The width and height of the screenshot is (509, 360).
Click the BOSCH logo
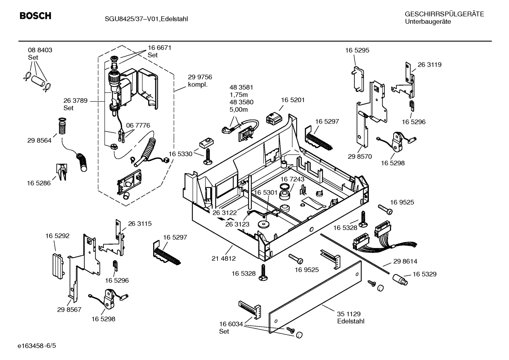pos(35,16)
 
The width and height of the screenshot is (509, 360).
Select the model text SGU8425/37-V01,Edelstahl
pos(141,19)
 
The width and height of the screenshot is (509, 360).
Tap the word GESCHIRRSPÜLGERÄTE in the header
pos(444,14)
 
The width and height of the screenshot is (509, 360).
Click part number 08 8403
pos(40,50)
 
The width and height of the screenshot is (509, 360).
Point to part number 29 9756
pos(200,77)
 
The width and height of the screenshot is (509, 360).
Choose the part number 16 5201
pos(293,100)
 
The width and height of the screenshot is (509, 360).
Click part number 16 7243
pos(292,179)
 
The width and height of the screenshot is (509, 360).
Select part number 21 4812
pos(223,259)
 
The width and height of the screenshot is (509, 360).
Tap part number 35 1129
pos(348,314)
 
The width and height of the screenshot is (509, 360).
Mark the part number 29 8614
pos(405,261)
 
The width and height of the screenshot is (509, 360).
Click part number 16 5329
pos(424,274)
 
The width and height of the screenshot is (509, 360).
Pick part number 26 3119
pos(430,65)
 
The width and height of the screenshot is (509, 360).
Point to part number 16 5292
pos(57,236)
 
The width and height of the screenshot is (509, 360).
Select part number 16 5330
pos(180,154)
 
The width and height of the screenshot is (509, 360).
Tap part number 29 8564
pos(39,141)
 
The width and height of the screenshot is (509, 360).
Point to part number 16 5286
pos(39,183)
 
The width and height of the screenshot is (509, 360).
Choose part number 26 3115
pos(140,224)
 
